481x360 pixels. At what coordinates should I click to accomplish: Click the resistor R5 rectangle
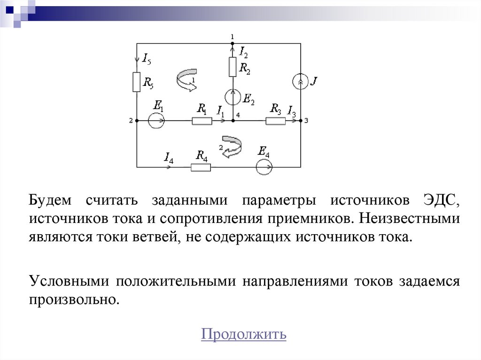137,82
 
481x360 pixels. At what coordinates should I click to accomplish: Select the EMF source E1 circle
156,121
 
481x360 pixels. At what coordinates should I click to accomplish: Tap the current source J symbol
300,82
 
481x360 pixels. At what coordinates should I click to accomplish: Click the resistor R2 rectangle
232,67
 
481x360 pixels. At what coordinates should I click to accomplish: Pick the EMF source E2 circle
233,97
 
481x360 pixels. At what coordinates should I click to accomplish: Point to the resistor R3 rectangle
275,121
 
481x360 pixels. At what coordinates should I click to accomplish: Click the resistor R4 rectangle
201,167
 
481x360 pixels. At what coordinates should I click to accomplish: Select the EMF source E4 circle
264,167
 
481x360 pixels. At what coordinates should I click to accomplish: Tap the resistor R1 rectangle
202,121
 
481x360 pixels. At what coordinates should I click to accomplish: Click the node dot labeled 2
137,121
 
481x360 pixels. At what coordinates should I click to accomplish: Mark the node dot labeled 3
301,121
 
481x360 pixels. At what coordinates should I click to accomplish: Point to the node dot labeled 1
232,44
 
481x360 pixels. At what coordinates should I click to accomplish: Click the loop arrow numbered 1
186,79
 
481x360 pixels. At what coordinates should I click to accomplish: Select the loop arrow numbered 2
231,146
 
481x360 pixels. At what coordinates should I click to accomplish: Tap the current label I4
169,158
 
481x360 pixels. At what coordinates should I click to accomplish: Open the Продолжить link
243,335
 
